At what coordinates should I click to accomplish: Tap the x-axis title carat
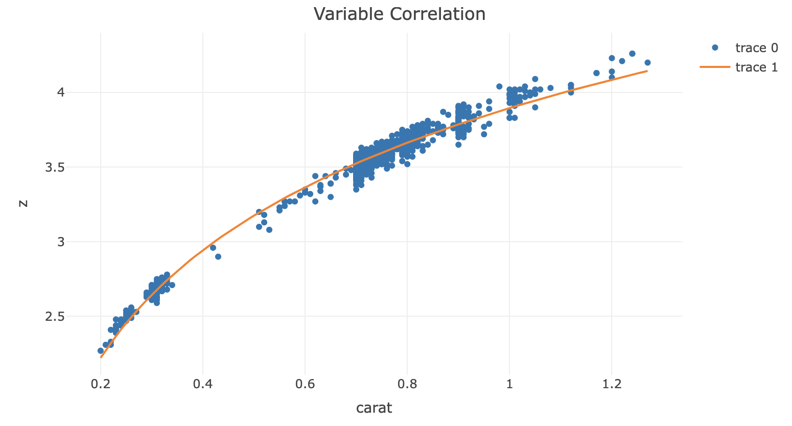coord(374,408)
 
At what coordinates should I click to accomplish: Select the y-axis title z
coord(22,203)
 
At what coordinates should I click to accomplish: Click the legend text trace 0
coord(756,48)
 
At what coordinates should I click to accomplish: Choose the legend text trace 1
coord(756,67)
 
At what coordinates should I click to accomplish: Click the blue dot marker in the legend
coord(715,48)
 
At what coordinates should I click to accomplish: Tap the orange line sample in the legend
coord(715,67)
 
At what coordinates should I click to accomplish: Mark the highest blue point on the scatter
coord(632,54)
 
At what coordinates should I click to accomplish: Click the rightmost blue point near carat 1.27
coord(647,62)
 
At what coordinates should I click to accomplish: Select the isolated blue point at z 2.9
coord(218,256)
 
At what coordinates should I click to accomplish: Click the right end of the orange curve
coord(647,71)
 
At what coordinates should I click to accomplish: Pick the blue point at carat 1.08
coord(550,88)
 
